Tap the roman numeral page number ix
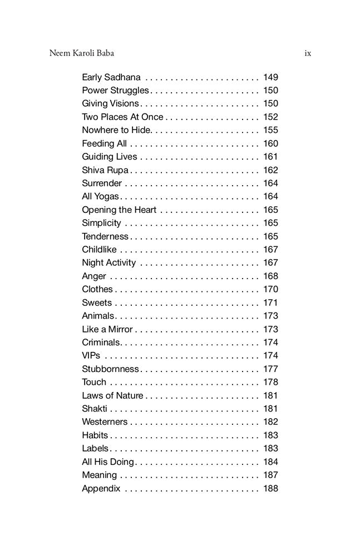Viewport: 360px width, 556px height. point(308,53)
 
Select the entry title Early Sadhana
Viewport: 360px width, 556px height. point(111,77)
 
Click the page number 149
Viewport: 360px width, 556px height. point(270,77)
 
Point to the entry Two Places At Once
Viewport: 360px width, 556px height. point(122,117)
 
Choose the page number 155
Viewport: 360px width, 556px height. point(270,130)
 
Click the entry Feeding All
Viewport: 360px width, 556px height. point(104,143)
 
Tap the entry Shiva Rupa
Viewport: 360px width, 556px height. point(105,170)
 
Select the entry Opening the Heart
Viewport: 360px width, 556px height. point(119,210)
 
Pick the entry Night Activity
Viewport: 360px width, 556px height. point(109,262)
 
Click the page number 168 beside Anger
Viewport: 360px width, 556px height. point(270,276)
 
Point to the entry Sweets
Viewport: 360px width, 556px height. point(97,302)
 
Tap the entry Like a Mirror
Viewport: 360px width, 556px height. point(107,329)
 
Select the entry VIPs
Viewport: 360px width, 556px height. point(91,355)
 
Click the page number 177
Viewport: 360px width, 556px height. point(270,369)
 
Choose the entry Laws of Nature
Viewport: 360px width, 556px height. point(112,395)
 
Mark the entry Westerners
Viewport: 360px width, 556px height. point(105,422)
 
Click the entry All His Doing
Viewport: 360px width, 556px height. point(108,461)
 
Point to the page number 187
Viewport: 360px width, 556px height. point(270,475)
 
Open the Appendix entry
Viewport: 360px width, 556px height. point(101,488)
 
